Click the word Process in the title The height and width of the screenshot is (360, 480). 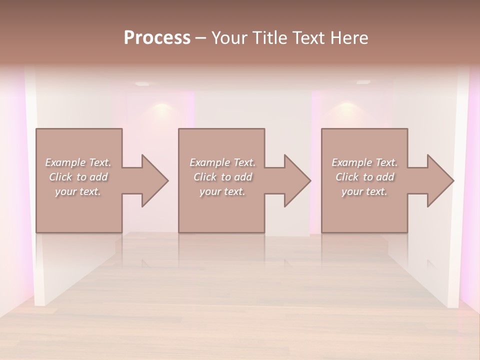coord(157,38)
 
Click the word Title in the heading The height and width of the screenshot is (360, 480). coord(270,38)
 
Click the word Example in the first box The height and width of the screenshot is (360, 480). coord(65,162)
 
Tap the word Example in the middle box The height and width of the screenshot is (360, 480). coord(209,162)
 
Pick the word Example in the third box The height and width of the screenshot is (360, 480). coord(351,162)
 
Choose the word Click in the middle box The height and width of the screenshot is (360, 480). coord(205,177)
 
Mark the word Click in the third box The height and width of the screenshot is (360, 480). coord(347,177)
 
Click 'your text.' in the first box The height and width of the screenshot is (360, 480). coord(78,191)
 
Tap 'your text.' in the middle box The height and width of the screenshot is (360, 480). coord(222,191)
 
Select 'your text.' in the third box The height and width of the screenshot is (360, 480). coord(364,191)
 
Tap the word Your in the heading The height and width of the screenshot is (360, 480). coord(230,38)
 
